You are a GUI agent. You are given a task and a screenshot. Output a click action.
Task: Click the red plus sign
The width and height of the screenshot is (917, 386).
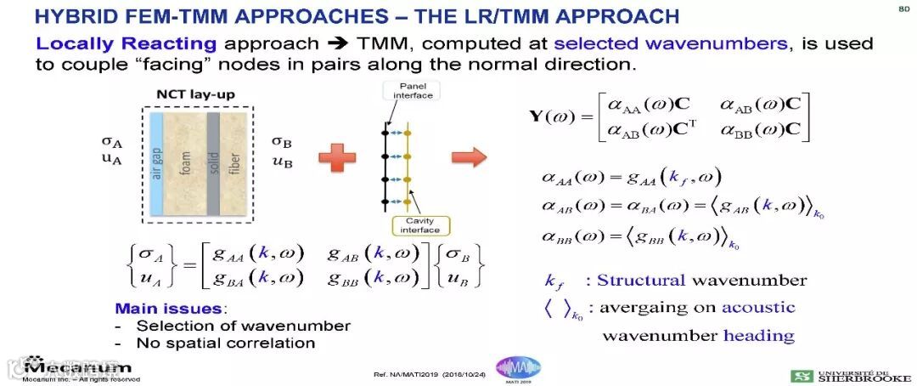pos(336,156)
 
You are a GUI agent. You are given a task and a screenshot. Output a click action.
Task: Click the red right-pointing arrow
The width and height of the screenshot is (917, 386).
pos(469,156)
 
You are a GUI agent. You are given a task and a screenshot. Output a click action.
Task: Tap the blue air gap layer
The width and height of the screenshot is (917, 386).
pos(155,162)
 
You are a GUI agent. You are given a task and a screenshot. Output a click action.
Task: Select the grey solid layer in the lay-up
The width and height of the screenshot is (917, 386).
pos(214,162)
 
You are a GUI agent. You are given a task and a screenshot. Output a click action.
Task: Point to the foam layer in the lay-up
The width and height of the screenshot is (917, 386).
pos(186,162)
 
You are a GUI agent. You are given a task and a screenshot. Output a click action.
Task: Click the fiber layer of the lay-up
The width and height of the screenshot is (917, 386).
pos(241,162)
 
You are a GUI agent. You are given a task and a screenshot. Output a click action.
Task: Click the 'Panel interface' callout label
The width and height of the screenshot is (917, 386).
pos(413,90)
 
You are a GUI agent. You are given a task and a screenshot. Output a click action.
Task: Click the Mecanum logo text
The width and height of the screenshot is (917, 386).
pos(78,367)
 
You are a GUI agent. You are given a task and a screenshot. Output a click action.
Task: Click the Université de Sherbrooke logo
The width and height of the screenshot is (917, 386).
pos(851,375)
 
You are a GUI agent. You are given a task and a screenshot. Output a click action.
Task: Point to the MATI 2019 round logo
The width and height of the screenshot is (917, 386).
pos(518,368)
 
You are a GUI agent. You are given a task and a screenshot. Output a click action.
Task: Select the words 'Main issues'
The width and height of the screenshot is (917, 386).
pos(155,309)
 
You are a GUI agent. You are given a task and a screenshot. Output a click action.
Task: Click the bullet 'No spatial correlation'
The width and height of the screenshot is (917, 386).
pos(226,343)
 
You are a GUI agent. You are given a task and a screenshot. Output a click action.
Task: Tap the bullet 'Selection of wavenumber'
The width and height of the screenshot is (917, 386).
pos(243,326)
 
